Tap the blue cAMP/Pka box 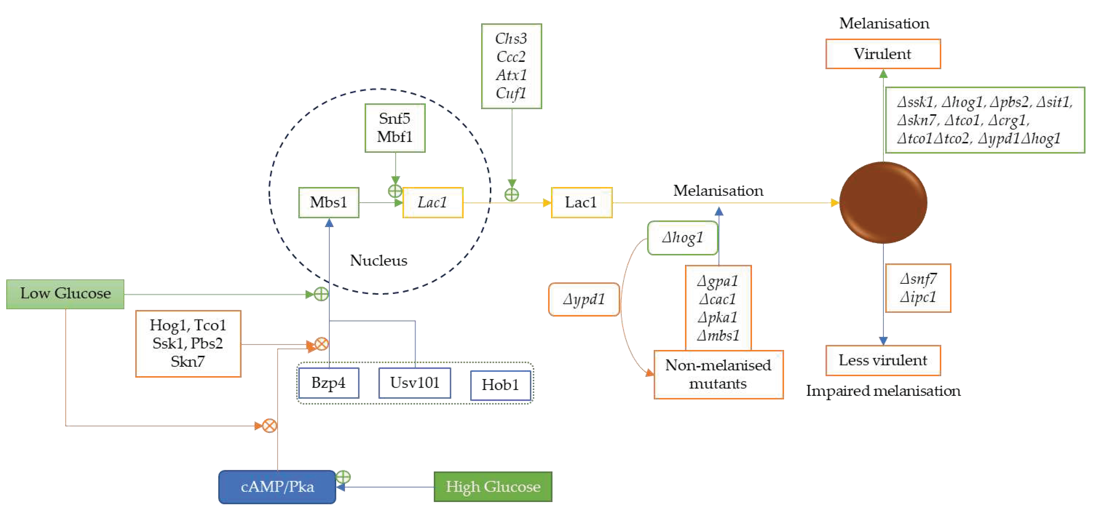(277, 486)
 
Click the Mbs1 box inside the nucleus (329, 203)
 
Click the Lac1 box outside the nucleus (581, 203)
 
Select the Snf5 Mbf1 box (395, 128)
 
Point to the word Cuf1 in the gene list (511, 93)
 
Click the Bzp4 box (329, 383)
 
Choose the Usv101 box (415, 383)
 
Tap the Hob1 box (500, 385)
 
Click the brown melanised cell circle (883, 203)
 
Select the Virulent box (883, 54)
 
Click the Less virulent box (883, 360)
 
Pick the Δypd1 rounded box (584, 300)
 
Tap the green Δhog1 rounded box (682, 238)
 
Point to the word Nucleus (378, 261)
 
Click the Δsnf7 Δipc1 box (918, 288)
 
